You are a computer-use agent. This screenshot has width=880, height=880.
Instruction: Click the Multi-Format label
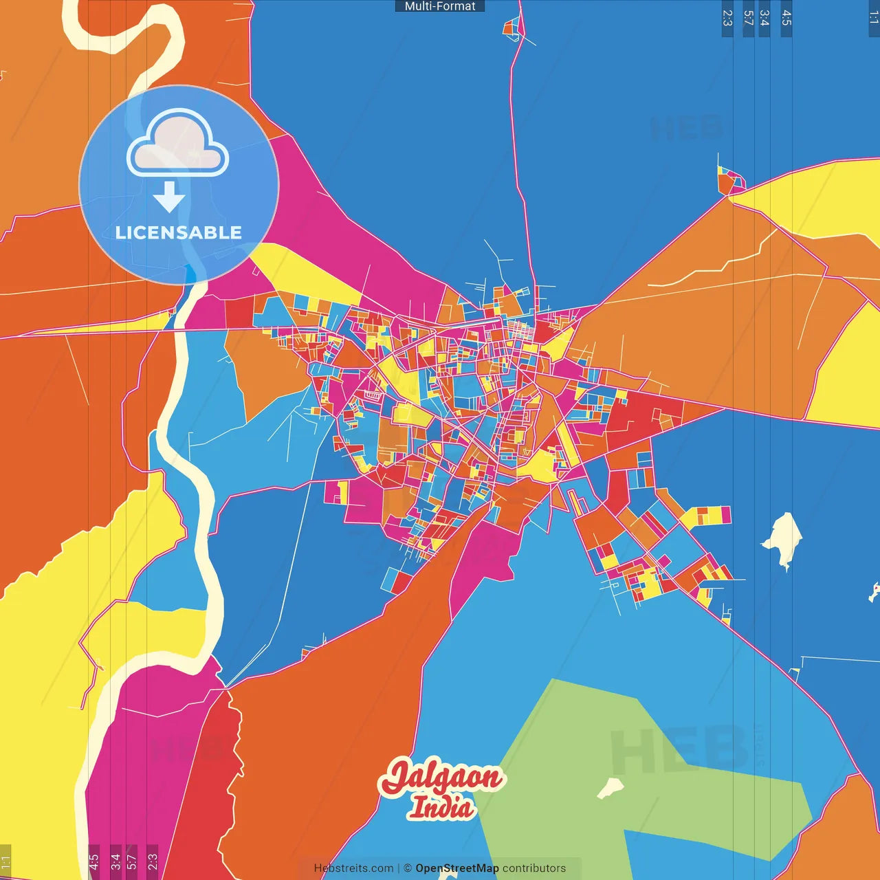point(440,6)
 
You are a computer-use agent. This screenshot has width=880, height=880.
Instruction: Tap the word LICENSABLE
point(179,233)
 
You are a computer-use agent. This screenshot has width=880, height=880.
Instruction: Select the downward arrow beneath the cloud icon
point(169,197)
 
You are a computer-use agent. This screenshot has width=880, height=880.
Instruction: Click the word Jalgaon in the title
point(443,778)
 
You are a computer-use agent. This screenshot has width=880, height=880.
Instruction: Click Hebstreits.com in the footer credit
point(353,868)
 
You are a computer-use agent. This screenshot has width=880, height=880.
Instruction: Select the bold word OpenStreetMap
point(457,868)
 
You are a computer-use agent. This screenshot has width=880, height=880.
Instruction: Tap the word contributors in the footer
point(534,868)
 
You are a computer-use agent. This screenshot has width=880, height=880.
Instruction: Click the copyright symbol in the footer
point(408,868)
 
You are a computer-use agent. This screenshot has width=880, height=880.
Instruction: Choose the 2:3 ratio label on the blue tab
point(727,18)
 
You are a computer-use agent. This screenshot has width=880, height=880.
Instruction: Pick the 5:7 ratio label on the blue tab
point(749,18)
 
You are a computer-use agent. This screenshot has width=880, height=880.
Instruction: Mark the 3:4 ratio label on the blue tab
point(764,18)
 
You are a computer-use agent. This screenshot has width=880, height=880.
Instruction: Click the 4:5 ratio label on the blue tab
point(786,18)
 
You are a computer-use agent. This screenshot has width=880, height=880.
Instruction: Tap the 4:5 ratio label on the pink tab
point(93,861)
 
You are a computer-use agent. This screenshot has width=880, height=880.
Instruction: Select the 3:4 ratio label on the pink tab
point(115,861)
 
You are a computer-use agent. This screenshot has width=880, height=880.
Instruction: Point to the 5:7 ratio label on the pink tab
point(131,861)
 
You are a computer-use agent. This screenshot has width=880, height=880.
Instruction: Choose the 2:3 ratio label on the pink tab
point(153,861)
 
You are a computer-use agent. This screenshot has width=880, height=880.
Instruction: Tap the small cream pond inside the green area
point(610,787)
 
